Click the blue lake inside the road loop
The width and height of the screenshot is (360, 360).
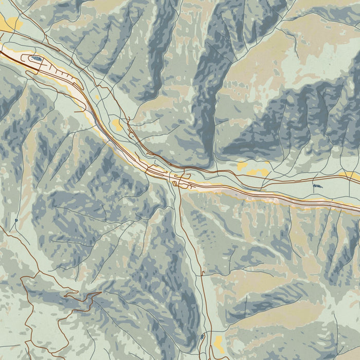pos(37,59)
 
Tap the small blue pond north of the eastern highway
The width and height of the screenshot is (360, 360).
pos(317,186)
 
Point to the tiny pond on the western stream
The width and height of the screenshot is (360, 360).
pos(16,221)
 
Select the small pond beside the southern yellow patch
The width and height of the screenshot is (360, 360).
pos(202,337)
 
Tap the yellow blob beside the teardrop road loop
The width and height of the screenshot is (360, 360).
pos(118,125)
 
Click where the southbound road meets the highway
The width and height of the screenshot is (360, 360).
pos(179,187)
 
